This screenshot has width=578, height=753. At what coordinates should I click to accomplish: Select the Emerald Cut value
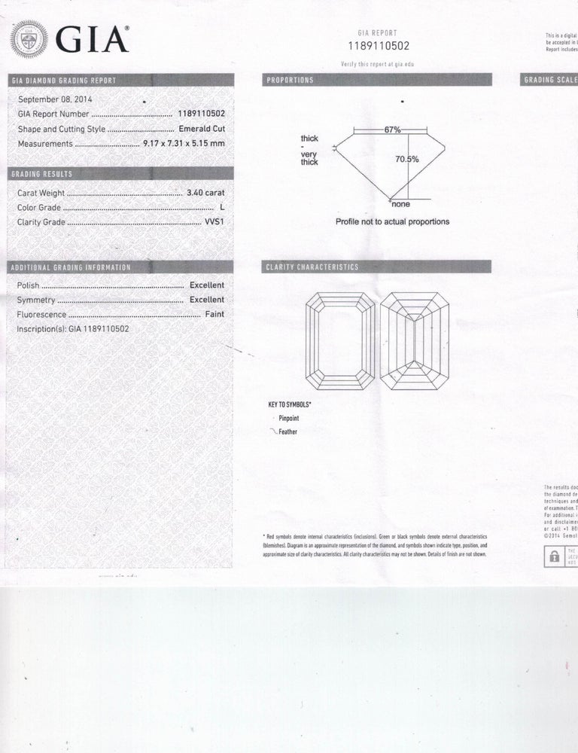(201, 129)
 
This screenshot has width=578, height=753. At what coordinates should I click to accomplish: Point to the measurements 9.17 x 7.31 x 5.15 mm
(184, 143)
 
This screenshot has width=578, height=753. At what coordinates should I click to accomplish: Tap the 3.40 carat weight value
(205, 193)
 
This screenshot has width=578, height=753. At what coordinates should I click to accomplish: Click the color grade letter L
(222, 207)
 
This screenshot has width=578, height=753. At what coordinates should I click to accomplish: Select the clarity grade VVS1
(214, 222)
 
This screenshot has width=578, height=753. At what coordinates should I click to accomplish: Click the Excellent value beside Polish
(207, 285)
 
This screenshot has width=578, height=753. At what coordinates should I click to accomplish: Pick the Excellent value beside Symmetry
(207, 300)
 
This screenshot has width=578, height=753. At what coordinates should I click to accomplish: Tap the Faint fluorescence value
(214, 314)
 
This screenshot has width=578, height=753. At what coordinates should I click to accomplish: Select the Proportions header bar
(376, 79)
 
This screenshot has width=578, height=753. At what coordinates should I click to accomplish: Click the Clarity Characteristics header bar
(376, 267)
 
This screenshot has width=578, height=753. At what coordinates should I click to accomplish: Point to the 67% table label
(392, 130)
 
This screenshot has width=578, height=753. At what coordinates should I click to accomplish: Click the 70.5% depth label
(407, 159)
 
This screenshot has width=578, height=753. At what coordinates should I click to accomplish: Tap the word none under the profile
(400, 203)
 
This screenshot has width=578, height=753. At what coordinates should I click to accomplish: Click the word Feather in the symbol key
(287, 432)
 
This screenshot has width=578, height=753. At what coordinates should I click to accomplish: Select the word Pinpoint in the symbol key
(289, 418)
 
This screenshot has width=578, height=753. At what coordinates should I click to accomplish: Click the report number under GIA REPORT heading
(378, 46)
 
